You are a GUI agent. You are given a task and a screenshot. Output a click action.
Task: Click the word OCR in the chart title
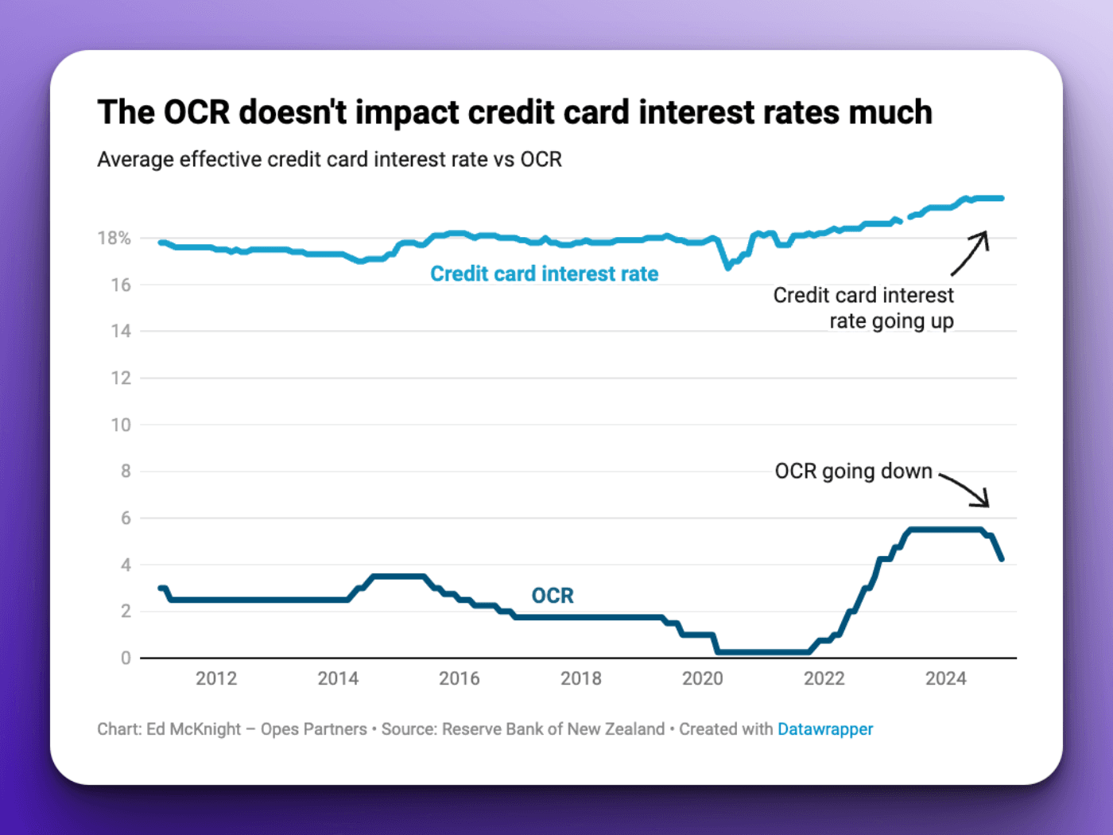click(196, 113)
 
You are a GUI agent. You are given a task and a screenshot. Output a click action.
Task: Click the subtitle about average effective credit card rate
click(329, 160)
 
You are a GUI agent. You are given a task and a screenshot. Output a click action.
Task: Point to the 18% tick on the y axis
click(114, 239)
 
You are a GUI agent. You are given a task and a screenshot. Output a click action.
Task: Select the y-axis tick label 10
click(121, 425)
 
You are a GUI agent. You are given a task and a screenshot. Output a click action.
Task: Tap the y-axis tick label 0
click(126, 658)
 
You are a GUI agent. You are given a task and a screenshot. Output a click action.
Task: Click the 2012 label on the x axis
click(216, 679)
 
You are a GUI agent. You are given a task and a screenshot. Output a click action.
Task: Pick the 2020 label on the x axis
click(702, 679)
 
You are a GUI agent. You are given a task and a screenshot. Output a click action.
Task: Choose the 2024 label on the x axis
click(945, 679)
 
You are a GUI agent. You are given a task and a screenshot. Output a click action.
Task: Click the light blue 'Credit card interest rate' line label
click(544, 274)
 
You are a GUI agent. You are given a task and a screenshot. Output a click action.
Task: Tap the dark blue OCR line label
click(553, 596)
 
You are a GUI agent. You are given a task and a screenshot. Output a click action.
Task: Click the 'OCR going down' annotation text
click(853, 472)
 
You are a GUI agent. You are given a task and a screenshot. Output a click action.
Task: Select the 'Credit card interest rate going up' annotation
click(864, 309)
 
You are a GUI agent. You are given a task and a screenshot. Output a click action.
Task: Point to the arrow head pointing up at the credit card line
click(983, 236)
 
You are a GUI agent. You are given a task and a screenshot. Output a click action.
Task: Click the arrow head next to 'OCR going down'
click(985, 502)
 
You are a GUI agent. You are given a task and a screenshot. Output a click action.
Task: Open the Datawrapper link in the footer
click(824, 729)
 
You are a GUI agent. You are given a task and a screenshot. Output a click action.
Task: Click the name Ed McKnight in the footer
click(193, 729)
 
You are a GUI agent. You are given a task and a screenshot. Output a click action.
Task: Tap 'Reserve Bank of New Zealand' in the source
click(553, 729)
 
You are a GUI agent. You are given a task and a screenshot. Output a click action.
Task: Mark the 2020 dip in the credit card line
click(727, 268)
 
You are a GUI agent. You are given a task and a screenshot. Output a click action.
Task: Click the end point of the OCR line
click(1002, 559)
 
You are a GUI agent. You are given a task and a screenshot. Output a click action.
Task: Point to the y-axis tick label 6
click(126, 518)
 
